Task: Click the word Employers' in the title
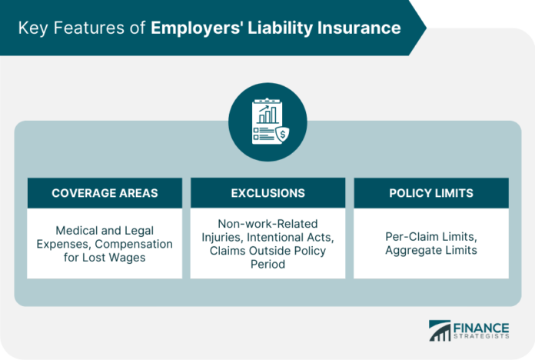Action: [197, 28]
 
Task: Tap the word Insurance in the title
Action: [359, 28]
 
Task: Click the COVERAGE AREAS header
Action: [105, 193]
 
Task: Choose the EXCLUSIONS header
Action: [267, 193]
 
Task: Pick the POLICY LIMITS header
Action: [431, 193]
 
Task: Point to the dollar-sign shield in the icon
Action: [283, 135]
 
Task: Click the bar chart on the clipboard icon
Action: [267, 115]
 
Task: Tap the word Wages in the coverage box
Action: [128, 258]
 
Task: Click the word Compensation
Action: [134, 245]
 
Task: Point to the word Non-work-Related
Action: [267, 224]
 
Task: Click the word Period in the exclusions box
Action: [267, 264]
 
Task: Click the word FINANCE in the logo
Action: [481, 328]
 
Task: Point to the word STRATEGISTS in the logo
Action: [481, 336]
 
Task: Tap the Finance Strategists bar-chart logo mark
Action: [440, 331]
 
